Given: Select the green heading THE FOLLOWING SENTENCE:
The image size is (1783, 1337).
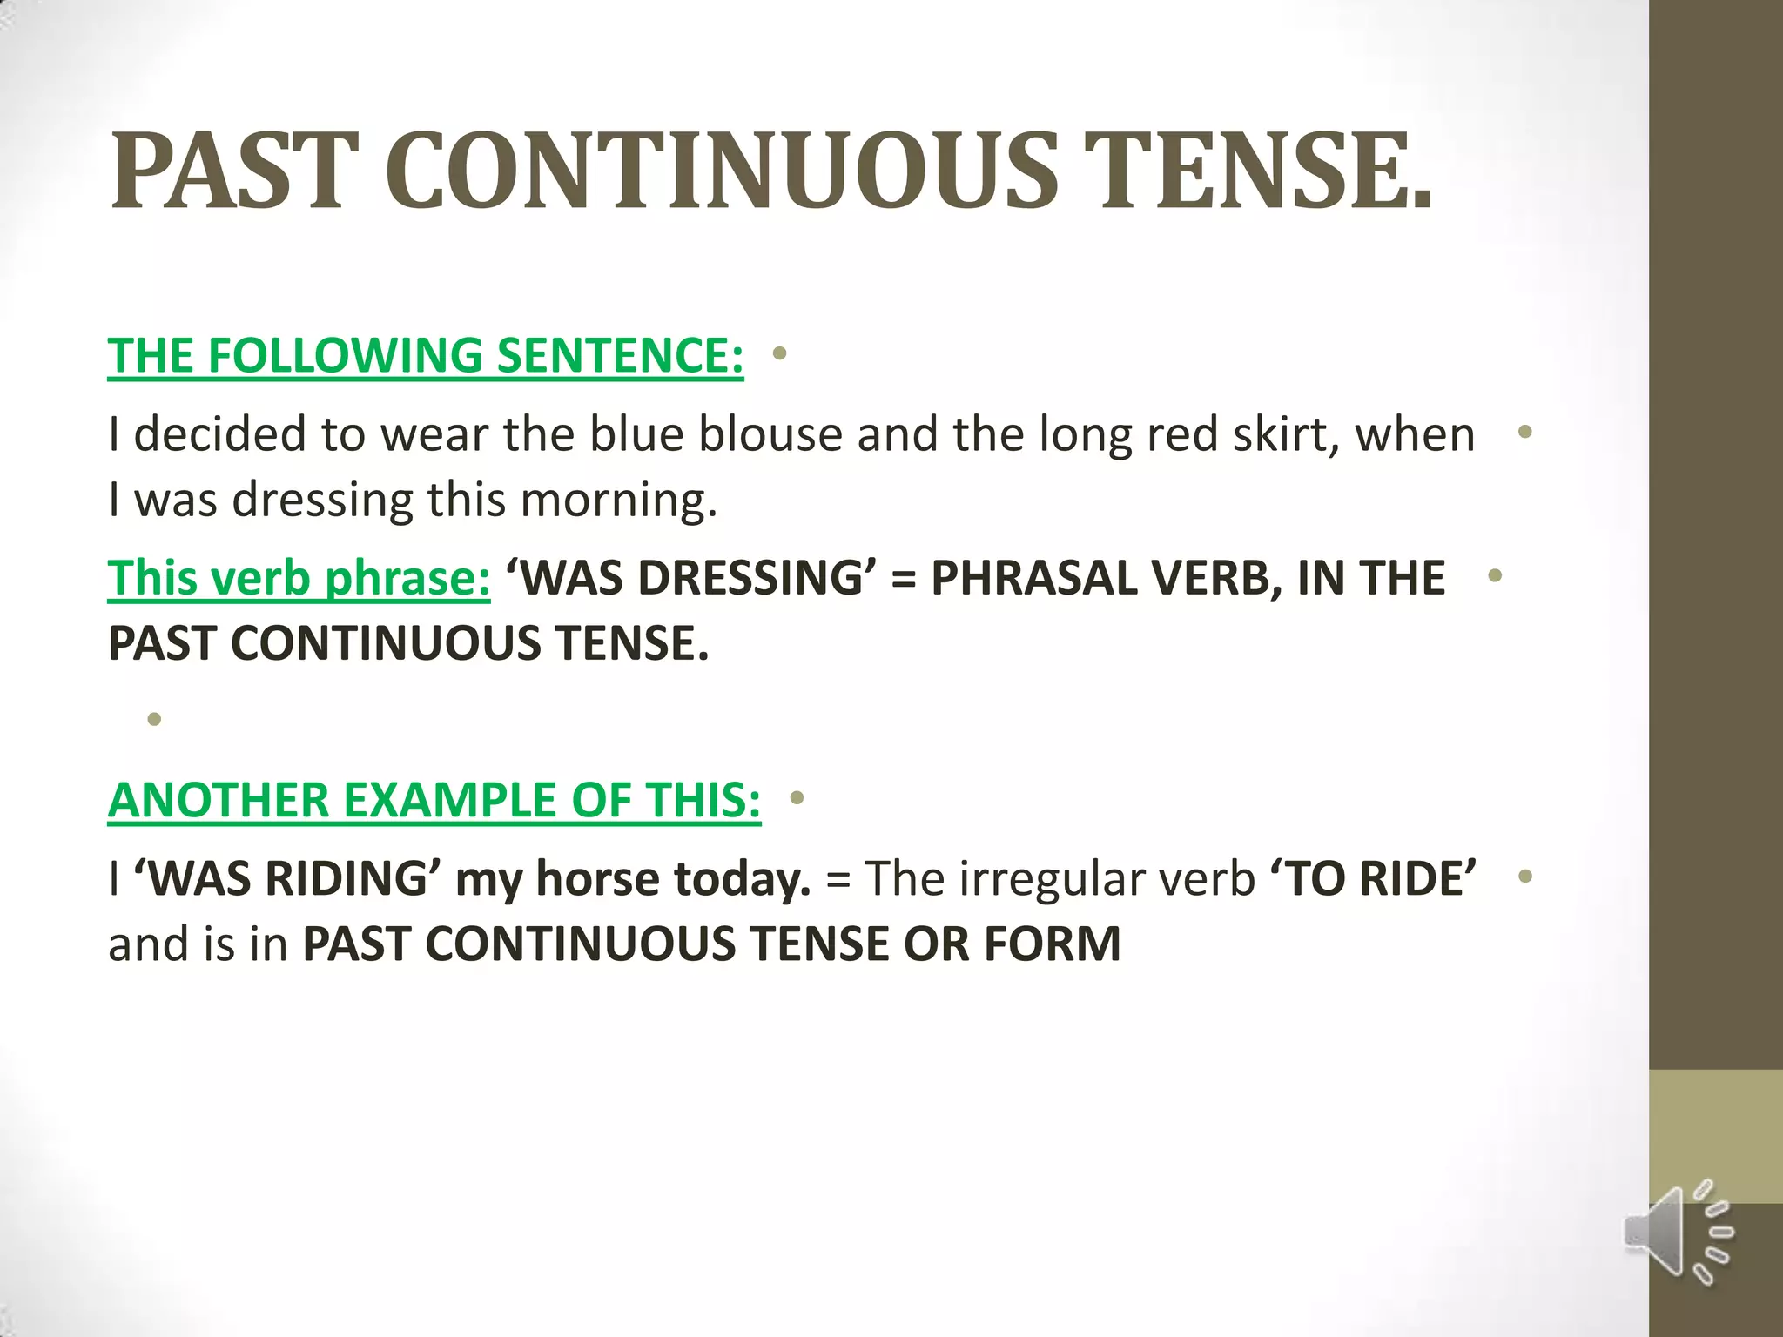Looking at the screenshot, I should coord(426,356).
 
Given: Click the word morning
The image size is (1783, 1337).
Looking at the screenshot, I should coord(618,501).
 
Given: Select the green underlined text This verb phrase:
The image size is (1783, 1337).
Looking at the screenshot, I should coord(299,578).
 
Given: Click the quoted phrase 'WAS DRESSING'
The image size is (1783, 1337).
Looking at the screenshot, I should coord(691,578).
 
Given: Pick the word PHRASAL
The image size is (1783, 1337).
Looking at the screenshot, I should coord(1033,578).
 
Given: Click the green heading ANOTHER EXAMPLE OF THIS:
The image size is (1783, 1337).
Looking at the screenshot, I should coord(434,800).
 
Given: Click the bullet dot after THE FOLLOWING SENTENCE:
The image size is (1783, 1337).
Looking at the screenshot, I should coord(779,354).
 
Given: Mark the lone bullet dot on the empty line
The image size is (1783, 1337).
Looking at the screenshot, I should coord(155,719).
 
